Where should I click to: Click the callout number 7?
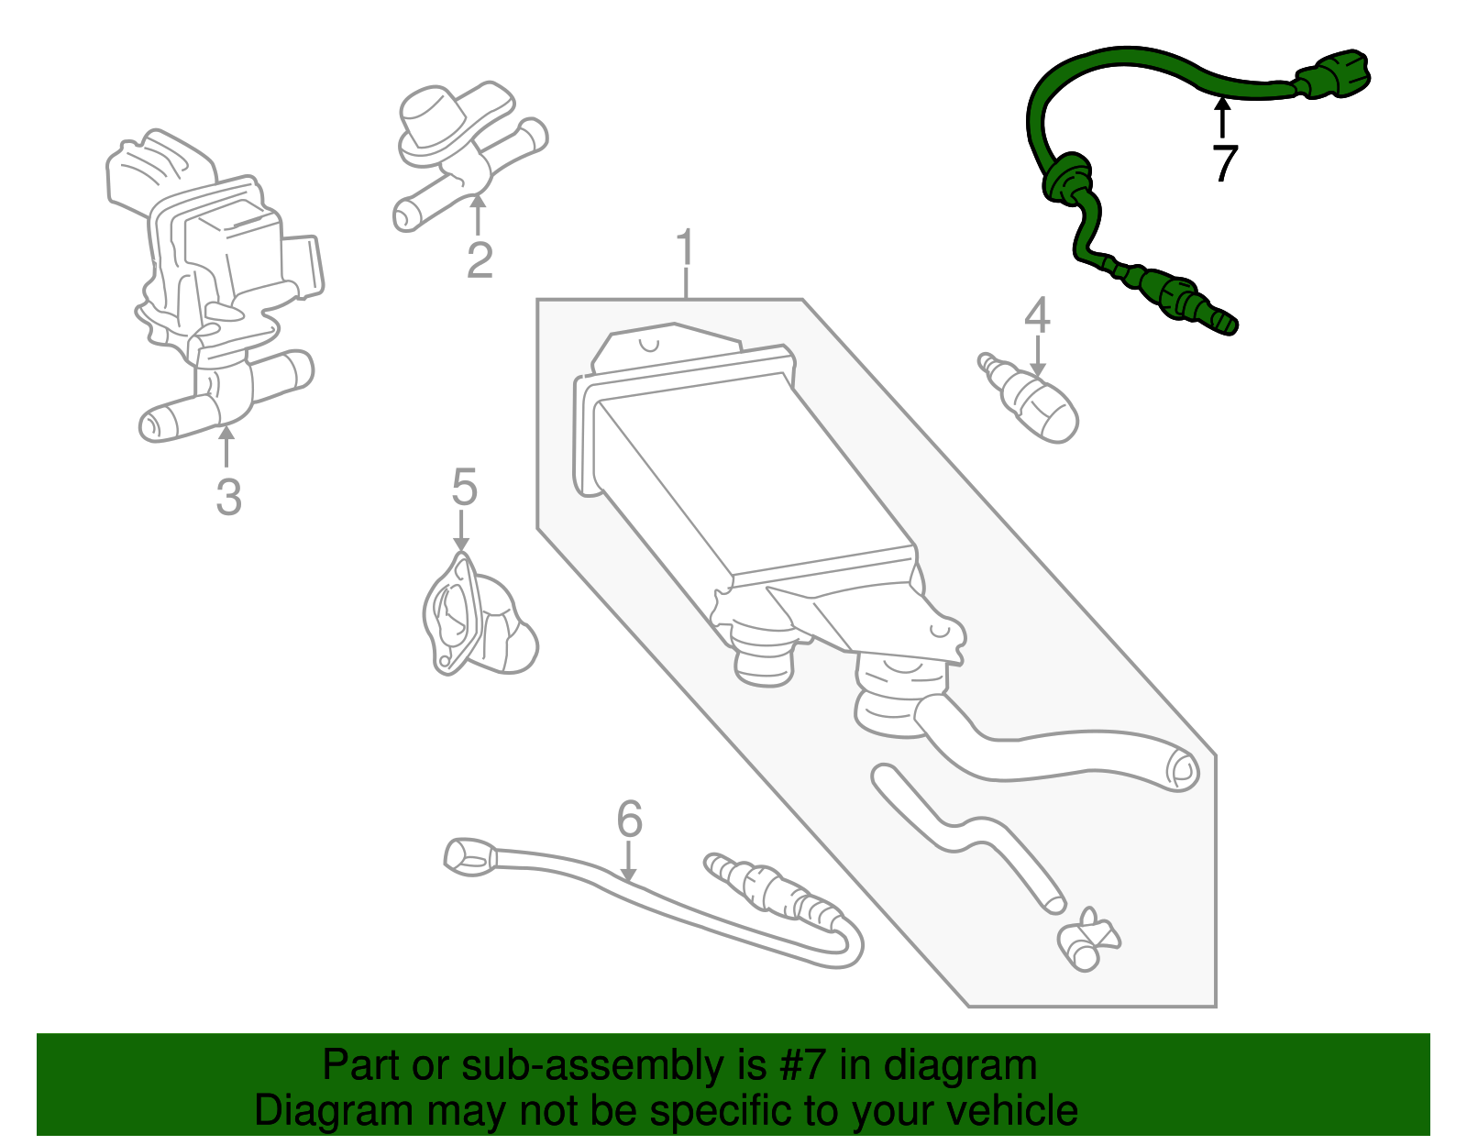pyautogui.click(x=1224, y=164)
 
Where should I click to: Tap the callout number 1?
pyautogui.click(x=685, y=248)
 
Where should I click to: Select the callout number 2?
pyautogui.click(x=480, y=260)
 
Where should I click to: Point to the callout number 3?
pyautogui.click(x=228, y=497)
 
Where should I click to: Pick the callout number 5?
pyautogui.click(x=464, y=487)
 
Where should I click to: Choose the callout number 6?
pyautogui.click(x=629, y=819)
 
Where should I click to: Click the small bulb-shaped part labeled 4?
pyautogui.click(x=1040, y=407)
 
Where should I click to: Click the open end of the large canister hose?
pyautogui.click(x=1182, y=770)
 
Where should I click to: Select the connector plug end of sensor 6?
pyautogui.click(x=469, y=855)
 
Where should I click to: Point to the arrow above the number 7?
pyautogui.click(x=1222, y=117)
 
